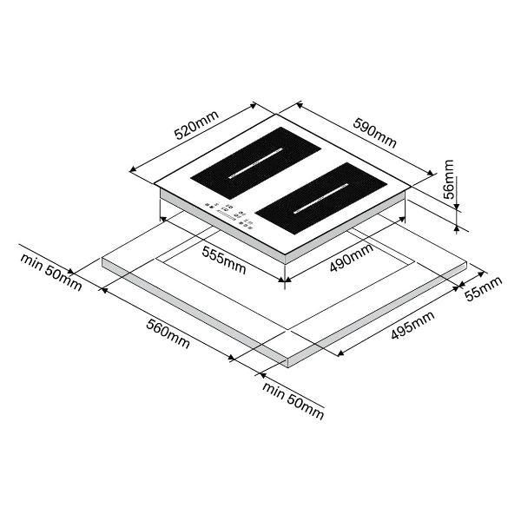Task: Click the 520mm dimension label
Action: click(x=197, y=125)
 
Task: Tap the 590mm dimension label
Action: click(x=375, y=133)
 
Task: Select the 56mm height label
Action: click(x=449, y=180)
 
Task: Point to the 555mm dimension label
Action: click(x=224, y=260)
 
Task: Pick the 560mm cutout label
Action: click(x=168, y=334)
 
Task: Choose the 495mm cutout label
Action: click(x=412, y=325)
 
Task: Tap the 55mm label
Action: click(x=483, y=289)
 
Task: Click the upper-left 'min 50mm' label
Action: click(x=51, y=272)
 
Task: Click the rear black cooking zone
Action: click(x=256, y=163)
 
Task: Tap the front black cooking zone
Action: click(x=321, y=198)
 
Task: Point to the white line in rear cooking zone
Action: click(x=255, y=163)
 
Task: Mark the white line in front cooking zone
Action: click(x=321, y=198)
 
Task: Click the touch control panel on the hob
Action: click(x=229, y=215)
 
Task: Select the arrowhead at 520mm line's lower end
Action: click(x=133, y=169)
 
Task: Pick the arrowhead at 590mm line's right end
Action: click(x=431, y=173)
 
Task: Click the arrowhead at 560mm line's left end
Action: click(x=103, y=290)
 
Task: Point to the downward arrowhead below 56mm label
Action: click(x=457, y=207)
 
